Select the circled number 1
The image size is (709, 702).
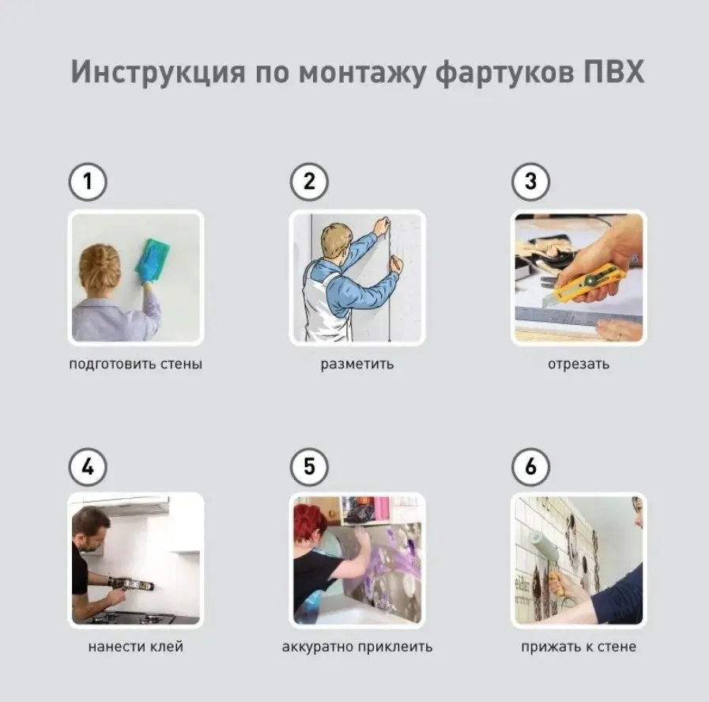point(88,182)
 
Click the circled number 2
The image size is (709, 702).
point(309,182)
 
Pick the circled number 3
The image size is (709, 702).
point(531,182)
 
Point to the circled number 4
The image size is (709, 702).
point(88,466)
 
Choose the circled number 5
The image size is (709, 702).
point(309,466)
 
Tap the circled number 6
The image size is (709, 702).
point(531,466)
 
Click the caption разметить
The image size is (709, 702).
point(357,364)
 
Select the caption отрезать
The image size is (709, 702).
point(579,364)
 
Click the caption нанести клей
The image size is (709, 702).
point(136,647)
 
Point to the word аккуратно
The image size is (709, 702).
point(318,647)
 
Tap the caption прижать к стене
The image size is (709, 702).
point(579,647)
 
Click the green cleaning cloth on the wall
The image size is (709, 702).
point(153,256)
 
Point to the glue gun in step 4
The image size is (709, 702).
point(131,584)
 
